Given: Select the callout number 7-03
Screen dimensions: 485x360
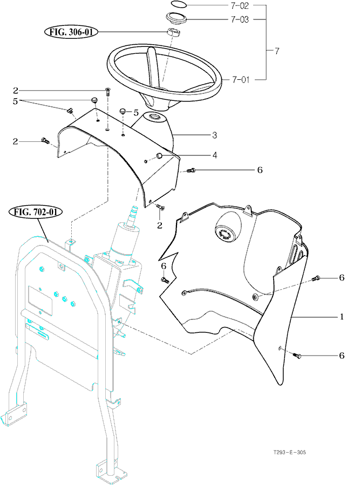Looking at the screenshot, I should pos(240,19).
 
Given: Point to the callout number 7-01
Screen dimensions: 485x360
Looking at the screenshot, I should pos(240,79).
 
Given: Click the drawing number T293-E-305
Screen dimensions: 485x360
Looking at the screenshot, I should pos(288,453).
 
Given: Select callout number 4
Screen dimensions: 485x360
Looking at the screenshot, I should pos(214,155).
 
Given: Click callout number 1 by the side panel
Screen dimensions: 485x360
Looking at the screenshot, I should pos(341,317).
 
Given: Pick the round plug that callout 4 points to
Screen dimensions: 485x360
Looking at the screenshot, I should pos(160,156).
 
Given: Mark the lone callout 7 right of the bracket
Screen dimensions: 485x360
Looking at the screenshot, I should pos(277,51).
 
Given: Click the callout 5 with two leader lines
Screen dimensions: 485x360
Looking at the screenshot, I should pos(16,100).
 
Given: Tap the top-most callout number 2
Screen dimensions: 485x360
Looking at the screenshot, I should pos(16,90).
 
